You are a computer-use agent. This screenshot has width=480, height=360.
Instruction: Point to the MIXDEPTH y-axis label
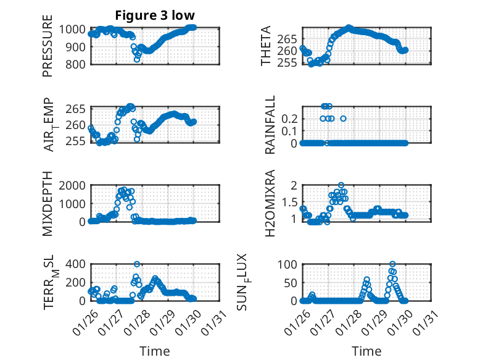click(x=48, y=204)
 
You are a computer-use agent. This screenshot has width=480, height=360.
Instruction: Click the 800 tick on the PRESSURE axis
click(x=77, y=64)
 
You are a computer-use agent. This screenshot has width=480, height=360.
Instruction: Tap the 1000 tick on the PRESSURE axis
click(x=75, y=28)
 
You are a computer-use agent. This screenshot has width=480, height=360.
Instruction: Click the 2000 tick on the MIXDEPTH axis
click(x=75, y=185)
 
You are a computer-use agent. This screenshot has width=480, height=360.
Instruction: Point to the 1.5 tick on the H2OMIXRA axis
click(x=291, y=203)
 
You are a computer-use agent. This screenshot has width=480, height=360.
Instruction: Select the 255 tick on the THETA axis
click(x=289, y=62)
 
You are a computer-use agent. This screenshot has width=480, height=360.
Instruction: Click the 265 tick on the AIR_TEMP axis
click(x=77, y=109)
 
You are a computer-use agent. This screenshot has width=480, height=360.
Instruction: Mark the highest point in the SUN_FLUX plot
click(x=392, y=264)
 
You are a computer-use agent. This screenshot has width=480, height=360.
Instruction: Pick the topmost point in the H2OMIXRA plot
click(x=341, y=185)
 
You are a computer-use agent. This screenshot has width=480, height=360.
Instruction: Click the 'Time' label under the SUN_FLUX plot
click(x=366, y=351)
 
